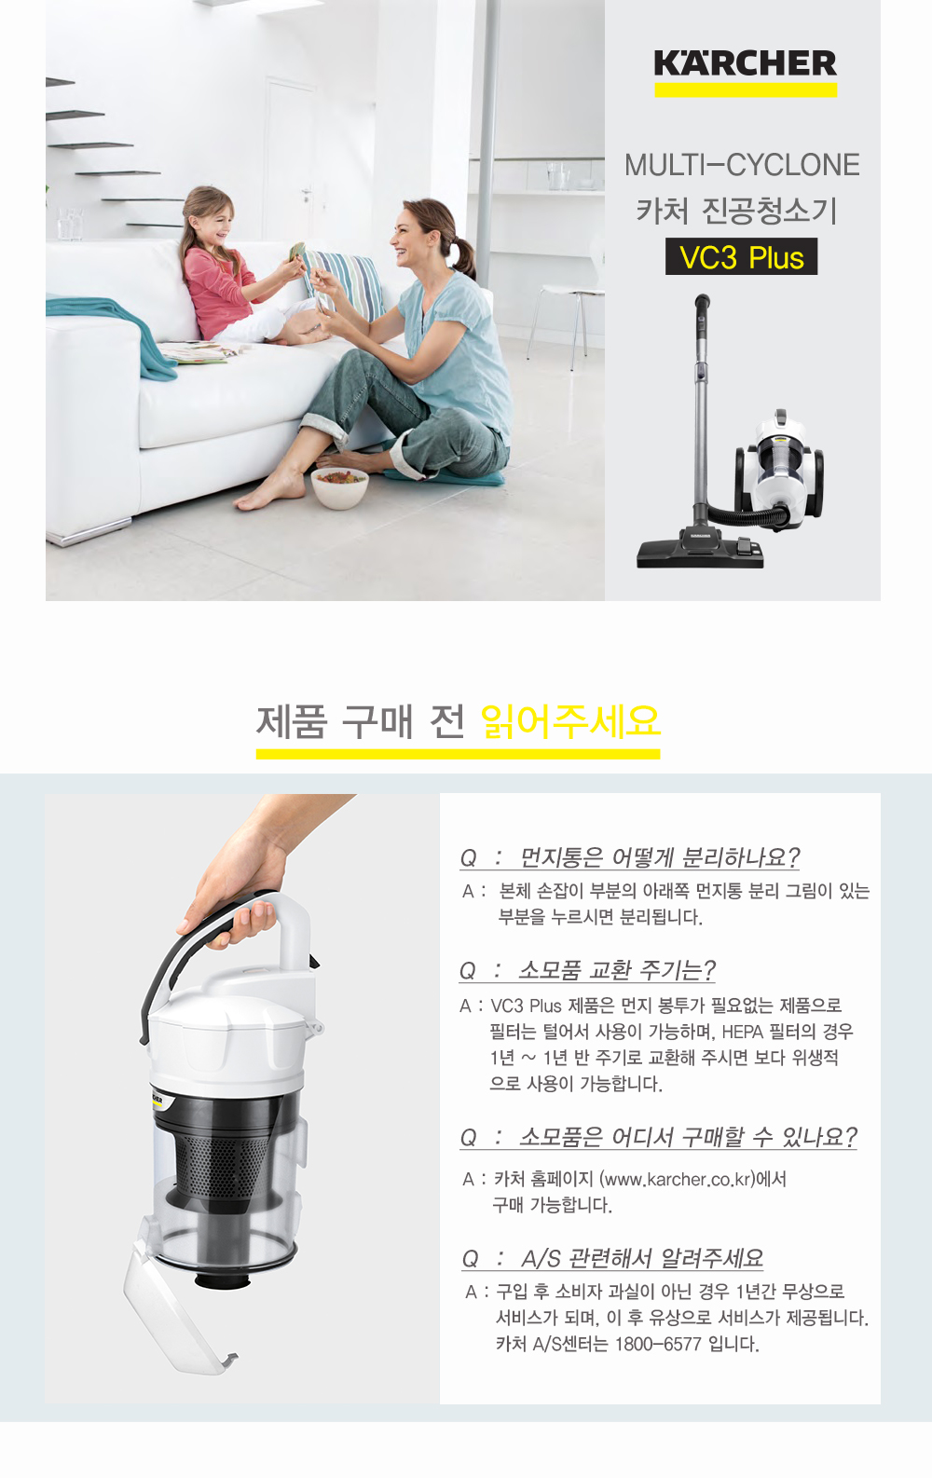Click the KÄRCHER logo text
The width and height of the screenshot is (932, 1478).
point(746,63)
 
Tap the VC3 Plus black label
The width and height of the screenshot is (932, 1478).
point(741,256)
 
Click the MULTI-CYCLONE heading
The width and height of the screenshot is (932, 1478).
point(742,165)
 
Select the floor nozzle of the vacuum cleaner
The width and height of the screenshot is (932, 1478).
point(700,551)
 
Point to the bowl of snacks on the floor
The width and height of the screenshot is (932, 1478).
point(339,487)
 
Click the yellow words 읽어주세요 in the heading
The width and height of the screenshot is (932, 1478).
point(571,721)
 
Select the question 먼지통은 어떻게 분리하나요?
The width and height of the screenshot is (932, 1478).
point(630,857)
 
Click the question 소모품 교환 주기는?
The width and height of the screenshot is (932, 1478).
point(587,970)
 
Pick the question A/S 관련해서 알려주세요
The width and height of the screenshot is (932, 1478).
point(612,1258)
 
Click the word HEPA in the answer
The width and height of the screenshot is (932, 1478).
point(743,1032)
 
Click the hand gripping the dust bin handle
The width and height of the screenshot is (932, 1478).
point(234,884)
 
